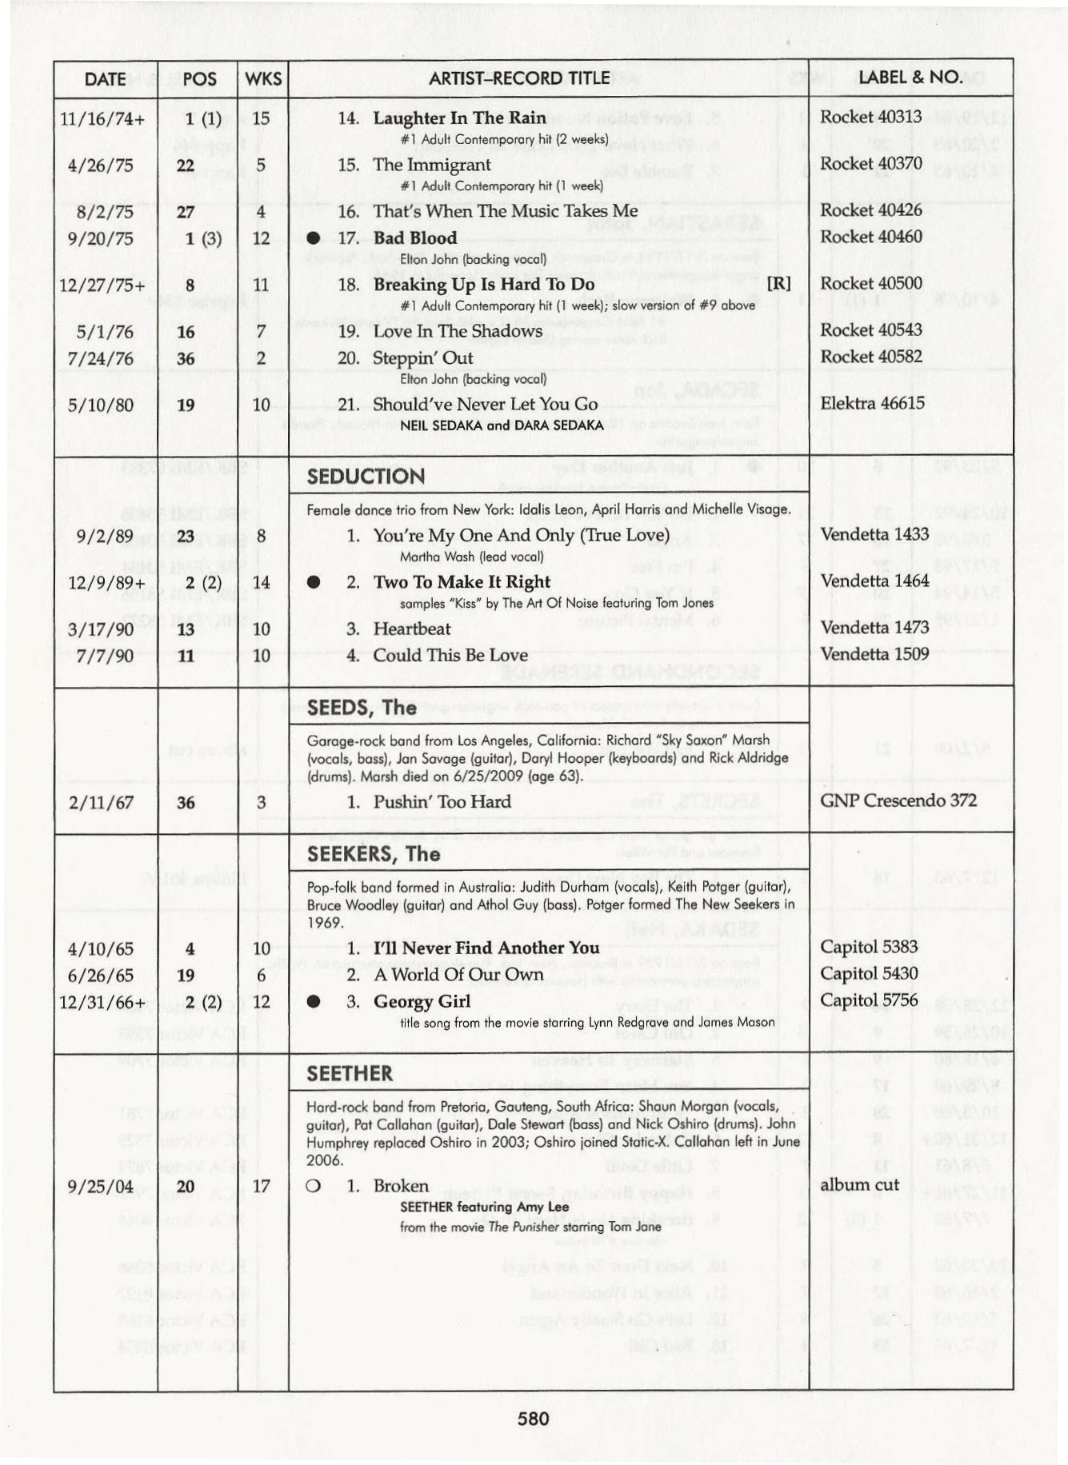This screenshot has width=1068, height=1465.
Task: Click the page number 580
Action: coord(533,1419)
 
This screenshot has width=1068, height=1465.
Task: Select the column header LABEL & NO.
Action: coord(910,78)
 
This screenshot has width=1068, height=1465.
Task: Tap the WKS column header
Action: coord(263,78)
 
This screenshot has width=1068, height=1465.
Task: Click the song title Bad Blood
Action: coord(414,238)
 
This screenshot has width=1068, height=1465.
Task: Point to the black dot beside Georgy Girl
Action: coord(314,1002)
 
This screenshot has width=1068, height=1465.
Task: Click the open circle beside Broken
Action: coord(314,1186)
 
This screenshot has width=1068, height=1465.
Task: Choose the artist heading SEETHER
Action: coord(350,1073)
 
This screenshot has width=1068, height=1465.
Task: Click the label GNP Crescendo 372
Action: coord(898,800)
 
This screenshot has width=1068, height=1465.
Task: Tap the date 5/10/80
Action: coord(101,405)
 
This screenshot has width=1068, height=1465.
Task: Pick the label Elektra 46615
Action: coord(872,403)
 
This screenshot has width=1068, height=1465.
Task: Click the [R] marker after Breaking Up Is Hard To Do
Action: coord(778,284)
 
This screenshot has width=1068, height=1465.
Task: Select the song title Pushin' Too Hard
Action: coord(442,802)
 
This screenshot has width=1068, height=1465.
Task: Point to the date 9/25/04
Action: coord(101,1187)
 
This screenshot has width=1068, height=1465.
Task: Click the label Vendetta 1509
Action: coord(874,654)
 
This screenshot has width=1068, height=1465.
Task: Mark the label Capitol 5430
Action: coord(868,974)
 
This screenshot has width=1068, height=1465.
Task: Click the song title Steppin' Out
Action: coord(422,358)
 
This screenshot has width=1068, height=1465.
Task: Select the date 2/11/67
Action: coord(101,803)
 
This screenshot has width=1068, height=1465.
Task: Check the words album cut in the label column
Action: coord(859,1185)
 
